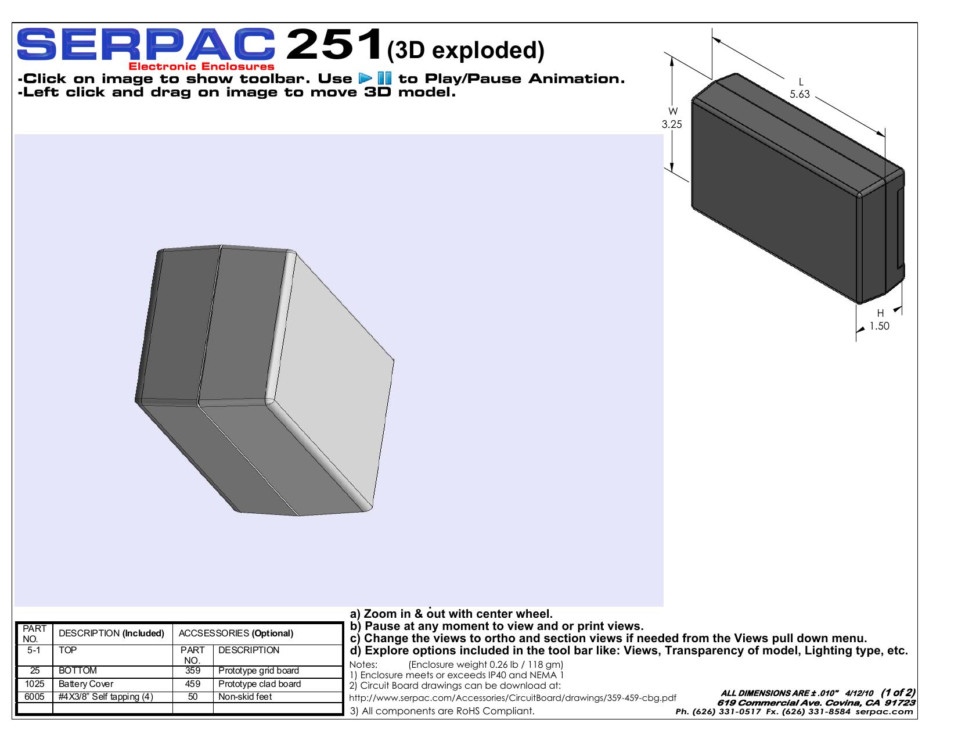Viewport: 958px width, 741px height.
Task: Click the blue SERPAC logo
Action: [146, 44]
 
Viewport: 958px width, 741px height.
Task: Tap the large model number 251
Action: [334, 44]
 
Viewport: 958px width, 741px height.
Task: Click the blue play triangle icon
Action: [365, 78]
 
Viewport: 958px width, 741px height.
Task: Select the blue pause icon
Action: [384, 78]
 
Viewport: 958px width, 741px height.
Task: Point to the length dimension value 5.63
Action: [799, 94]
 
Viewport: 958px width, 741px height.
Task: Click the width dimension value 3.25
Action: [672, 124]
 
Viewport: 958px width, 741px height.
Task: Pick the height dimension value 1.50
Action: [879, 326]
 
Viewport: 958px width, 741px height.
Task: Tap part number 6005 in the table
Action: [34, 697]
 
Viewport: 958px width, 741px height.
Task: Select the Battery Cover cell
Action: [86, 684]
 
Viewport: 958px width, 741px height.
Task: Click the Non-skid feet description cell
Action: [245, 697]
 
